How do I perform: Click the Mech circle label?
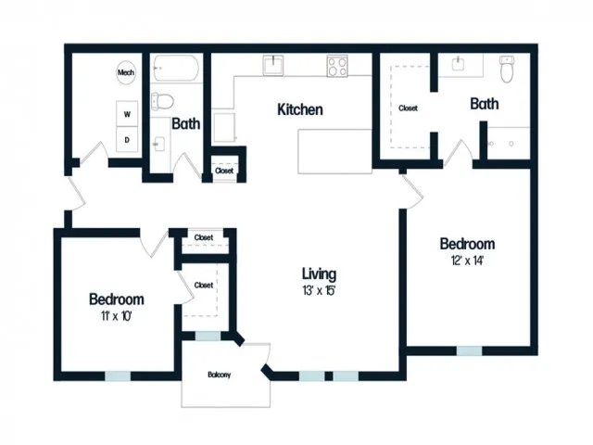tap(126, 72)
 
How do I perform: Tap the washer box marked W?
tap(127, 113)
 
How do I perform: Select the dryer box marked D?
tap(127, 139)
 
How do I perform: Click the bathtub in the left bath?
tap(176, 69)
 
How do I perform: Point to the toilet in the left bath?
tap(163, 101)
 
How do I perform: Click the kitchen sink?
tap(273, 65)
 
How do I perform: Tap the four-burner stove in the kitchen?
tap(337, 66)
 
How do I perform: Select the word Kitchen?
tap(300, 109)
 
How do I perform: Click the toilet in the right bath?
tap(507, 70)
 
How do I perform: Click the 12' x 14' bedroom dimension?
tap(467, 261)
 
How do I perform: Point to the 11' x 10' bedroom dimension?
tap(116, 316)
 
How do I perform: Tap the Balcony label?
tap(219, 375)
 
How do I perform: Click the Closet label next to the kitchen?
tap(224, 171)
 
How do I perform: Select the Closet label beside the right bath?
tap(408, 108)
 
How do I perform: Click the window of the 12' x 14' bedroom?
tap(469, 350)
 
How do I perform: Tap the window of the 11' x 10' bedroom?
tap(118, 375)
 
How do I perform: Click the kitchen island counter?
tap(335, 151)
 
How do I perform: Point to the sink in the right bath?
tap(458, 64)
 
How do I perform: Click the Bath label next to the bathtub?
tap(186, 123)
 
